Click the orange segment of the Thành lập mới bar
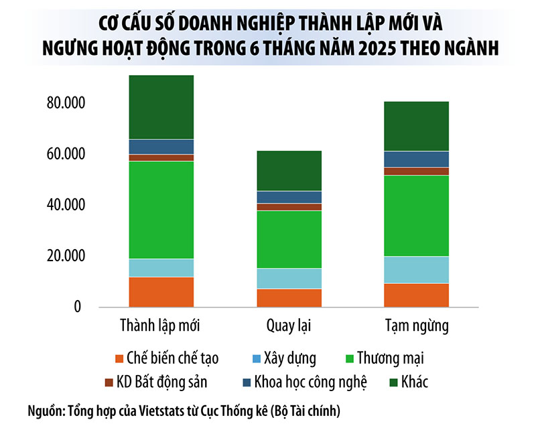tap(161, 291)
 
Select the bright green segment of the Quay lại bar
tap(289, 239)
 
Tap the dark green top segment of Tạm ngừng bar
tap(417, 126)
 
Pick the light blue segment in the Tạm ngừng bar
tap(417, 269)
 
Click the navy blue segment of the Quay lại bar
tap(289, 197)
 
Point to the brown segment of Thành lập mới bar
tap(161, 157)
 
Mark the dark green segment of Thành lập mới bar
tap(161, 107)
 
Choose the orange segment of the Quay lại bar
tap(289, 297)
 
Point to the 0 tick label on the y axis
tap(77, 307)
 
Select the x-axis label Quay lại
tap(289, 327)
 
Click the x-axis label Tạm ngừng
tap(417, 328)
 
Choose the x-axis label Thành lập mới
tap(160, 327)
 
